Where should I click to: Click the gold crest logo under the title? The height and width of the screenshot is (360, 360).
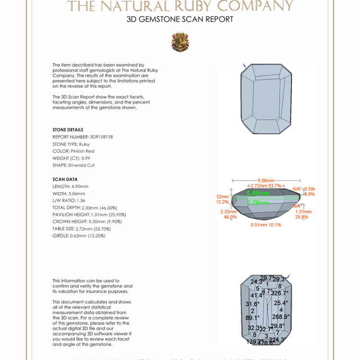[180, 42]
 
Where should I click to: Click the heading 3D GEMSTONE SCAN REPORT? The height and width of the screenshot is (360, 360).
[180, 20]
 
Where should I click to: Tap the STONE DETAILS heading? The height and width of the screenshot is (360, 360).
[68, 130]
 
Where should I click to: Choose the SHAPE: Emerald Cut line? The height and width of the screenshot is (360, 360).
[73, 165]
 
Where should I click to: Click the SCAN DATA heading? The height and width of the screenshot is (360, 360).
[65, 180]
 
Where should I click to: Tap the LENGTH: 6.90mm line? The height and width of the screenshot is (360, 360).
[70, 186]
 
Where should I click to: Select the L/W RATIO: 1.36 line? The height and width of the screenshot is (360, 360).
[70, 201]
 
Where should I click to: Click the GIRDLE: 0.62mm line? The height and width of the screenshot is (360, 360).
[79, 236]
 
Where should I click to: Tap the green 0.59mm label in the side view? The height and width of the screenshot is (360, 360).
[258, 193]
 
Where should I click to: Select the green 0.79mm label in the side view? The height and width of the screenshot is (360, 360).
[258, 203]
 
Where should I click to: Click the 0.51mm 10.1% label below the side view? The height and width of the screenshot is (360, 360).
[266, 225]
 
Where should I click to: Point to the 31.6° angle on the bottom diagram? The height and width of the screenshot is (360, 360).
[252, 304]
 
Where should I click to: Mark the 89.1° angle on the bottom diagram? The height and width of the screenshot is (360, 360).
[252, 317]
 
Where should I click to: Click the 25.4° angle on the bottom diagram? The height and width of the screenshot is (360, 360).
[281, 303]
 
